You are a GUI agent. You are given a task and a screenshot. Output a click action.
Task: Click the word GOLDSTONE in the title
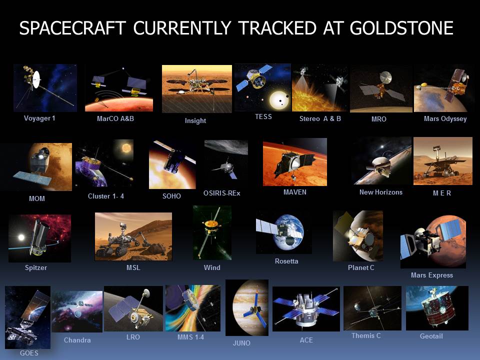click(401, 28)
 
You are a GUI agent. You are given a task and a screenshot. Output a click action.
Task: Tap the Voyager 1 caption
click(39, 118)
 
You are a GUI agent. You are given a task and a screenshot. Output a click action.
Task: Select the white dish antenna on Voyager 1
click(36, 79)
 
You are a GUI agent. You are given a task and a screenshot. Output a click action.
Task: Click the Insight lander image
click(197, 89)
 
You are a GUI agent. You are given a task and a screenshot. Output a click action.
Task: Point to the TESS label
click(263, 116)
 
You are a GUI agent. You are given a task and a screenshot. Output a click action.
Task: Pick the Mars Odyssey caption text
click(445, 118)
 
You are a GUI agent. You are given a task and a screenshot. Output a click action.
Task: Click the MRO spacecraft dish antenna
click(385, 77)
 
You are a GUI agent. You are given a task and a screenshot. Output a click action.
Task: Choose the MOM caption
click(36, 198)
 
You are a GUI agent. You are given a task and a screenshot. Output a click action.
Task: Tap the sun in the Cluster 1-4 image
click(126, 148)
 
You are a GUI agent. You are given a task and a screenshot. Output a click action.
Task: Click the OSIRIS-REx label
click(222, 193)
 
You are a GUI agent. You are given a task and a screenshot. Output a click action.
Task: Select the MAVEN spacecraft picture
click(295, 162)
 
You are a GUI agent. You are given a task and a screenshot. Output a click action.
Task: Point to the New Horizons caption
click(381, 192)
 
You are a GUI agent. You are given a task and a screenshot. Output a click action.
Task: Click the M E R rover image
click(443, 161)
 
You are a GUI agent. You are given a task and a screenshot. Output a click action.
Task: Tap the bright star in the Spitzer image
click(21, 237)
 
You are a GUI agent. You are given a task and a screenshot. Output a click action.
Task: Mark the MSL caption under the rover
click(133, 267)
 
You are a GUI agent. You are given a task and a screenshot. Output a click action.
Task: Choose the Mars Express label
click(431, 275)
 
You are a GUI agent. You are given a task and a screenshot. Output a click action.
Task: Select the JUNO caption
click(241, 343)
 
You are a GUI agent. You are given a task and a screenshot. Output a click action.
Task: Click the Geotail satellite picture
click(437, 308)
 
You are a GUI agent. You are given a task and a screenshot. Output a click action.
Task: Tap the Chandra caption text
click(77, 340)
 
